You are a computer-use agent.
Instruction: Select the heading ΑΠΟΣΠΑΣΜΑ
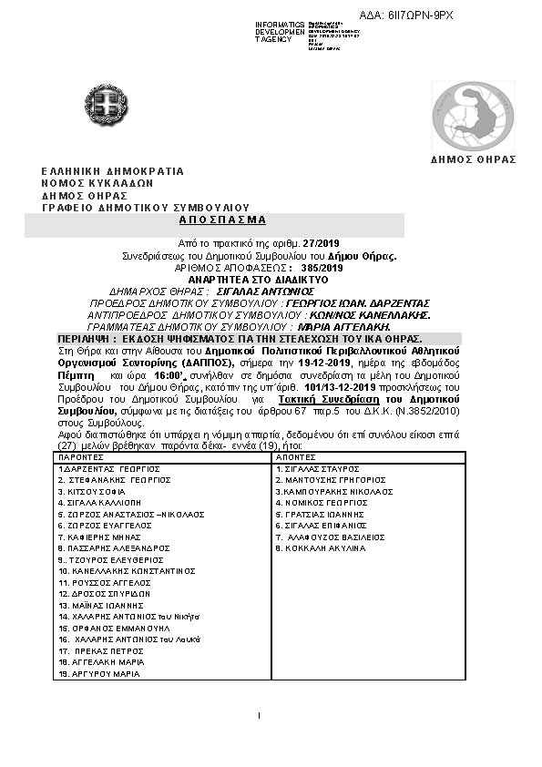pyautogui.click(x=216, y=220)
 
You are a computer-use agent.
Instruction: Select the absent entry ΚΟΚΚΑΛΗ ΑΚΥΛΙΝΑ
pyautogui.click(x=326, y=548)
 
